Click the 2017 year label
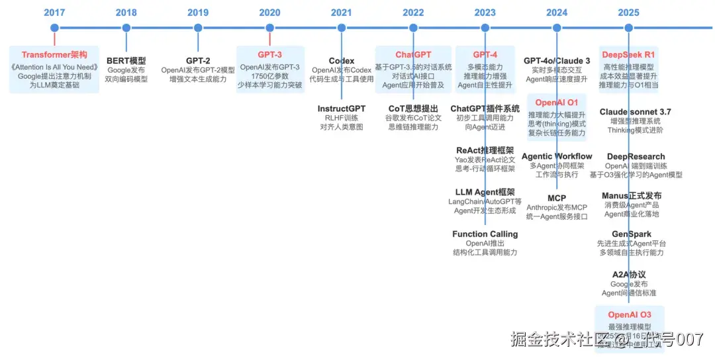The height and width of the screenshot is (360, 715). click(x=54, y=12)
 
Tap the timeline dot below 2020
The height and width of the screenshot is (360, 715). click(x=269, y=28)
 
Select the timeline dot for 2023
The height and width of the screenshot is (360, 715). click(x=485, y=28)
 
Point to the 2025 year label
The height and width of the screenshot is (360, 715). click(x=628, y=12)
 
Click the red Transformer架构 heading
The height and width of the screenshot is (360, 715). click(x=54, y=55)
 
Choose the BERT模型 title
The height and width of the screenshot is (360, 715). click(x=126, y=61)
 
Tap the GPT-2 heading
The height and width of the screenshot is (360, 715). click(x=198, y=61)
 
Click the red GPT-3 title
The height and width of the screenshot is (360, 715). click(x=269, y=55)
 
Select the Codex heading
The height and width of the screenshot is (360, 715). click(x=342, y=61)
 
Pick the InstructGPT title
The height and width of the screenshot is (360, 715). click(x=342, y=109)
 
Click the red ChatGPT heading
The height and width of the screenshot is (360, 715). click(x=413, y=55)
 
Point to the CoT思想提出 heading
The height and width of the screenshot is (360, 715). click(x=413, y=109)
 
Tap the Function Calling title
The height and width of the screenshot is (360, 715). click(x=485, y=234)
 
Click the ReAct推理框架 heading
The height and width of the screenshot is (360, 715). click(x=485, y=150)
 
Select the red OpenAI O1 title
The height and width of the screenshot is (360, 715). click(x=557, y=103)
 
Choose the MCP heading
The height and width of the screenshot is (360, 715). click(x=557, y=199)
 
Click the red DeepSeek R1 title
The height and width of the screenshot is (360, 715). click(x=628, y=55)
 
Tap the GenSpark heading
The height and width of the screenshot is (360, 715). click(x=632, y=234)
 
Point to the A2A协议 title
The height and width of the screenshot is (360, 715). click(x=629, y=275)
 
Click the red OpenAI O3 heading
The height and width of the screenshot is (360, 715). click(x=630, y=315)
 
